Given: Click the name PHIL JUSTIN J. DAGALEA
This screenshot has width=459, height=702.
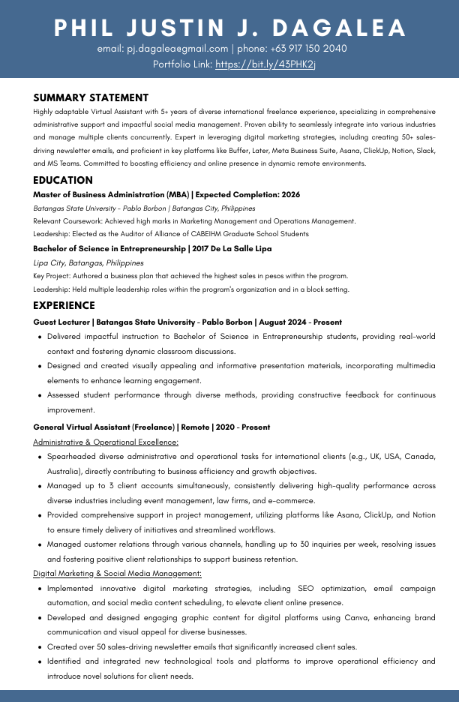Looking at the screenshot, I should pos(229,28).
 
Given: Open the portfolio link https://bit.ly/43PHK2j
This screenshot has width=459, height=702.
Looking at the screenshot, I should pos(265,64).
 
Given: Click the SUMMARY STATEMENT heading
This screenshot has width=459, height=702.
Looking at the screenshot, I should pos(91,97).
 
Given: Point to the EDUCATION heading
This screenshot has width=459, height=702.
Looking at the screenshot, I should pos(63,180).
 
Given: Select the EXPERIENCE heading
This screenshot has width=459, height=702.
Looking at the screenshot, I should pos(64,305).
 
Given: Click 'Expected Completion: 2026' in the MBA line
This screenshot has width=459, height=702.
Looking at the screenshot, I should pos(247,194).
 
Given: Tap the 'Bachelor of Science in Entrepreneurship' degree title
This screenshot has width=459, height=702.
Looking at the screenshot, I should pos(109,248).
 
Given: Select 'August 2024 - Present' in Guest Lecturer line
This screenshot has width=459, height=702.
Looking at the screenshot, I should pos(301,322).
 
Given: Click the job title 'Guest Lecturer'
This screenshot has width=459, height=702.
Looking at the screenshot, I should pos(60,322).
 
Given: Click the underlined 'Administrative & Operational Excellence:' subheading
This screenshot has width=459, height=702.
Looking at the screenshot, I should pos(106,442).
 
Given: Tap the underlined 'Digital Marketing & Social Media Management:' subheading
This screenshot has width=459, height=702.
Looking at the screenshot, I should pos(117,573).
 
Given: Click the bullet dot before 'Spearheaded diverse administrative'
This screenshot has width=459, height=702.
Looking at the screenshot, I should pos(39,456).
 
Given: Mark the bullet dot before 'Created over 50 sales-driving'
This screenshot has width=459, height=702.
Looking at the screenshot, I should pos(39,646).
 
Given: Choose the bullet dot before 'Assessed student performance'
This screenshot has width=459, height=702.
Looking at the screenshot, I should pos(39,395).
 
